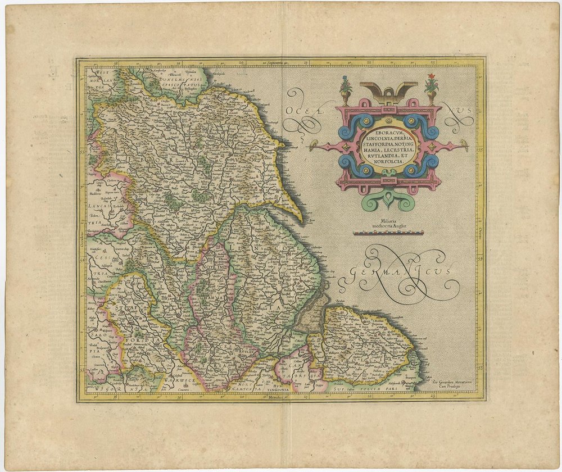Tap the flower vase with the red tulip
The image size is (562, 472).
(431, 88)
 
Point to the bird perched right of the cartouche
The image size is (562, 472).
(465, 145)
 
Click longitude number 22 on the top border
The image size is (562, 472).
(369, 62)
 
